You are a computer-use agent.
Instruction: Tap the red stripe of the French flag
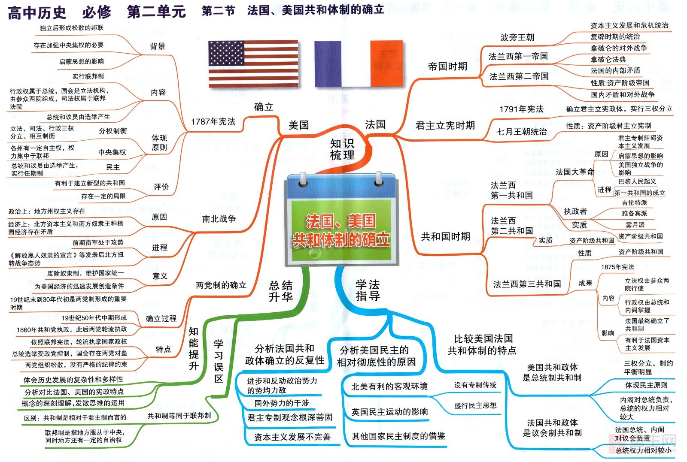click(386, 63)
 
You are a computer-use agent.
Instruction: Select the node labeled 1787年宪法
click(213, 121)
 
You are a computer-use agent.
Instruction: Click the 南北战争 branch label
click(219, 219)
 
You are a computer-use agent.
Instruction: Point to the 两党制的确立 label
click(221, 285)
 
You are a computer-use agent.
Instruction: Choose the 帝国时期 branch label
click(447, 66)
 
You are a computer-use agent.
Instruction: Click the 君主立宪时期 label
click(445, 125)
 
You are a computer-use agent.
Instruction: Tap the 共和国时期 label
click(446, 236)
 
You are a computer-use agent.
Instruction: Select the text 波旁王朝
click(517, 37)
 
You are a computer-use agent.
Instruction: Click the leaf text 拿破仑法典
click(608, 59)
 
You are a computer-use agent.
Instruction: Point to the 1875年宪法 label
click(617, 267)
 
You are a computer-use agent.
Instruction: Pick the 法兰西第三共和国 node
click(527, 284)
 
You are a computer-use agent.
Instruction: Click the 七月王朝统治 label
click(522, 132)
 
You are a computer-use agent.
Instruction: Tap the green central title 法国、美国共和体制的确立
click(341, 230)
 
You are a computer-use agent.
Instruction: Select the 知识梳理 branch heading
click(342, 149)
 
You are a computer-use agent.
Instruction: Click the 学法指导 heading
click(368, 290)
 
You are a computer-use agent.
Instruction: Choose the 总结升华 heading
click(281, 291)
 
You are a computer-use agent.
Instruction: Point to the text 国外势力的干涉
click(282, 403)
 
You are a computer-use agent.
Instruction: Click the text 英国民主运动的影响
click(389, 412)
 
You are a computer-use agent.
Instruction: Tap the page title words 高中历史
click(37, 12)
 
